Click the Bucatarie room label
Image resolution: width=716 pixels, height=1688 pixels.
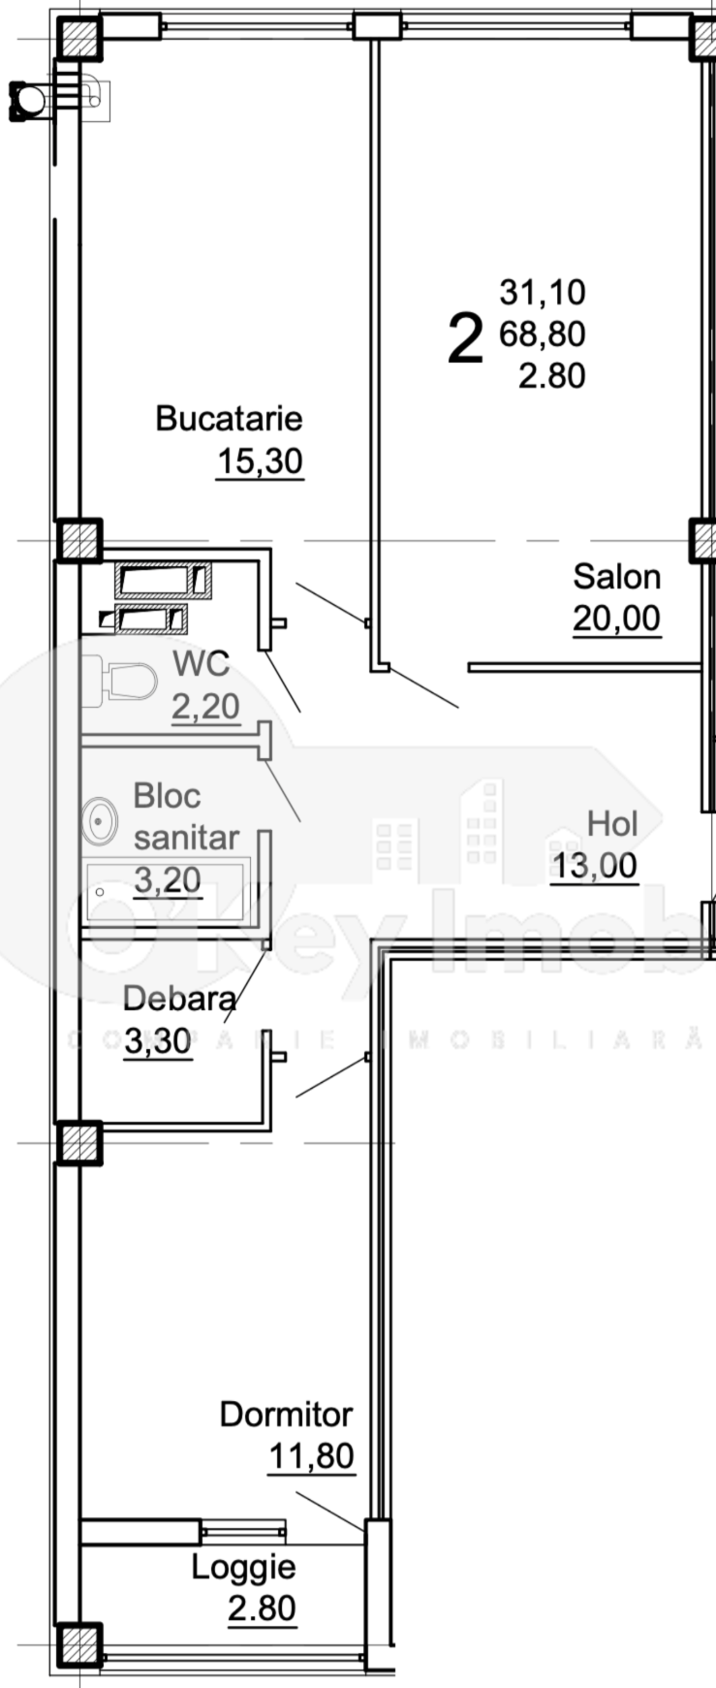(229, 419)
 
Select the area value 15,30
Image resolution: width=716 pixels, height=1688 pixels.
(259, 462)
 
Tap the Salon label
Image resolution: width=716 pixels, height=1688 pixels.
(616, 577)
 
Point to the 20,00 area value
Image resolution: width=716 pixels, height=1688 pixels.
(616, 618)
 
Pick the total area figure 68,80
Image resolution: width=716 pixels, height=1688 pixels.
(542, 334)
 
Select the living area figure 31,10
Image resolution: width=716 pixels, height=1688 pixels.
(542, 292)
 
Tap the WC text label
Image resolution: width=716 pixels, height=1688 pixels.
(201, 664)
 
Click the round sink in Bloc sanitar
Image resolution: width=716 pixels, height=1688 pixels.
(100, 821)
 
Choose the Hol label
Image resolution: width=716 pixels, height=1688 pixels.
(612, 824)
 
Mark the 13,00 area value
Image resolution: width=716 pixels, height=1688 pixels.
(594, 866)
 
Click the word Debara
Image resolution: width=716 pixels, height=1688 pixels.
(179, 999)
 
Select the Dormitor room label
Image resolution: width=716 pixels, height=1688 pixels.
(286, 1415)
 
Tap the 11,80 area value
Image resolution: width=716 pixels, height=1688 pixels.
(310, 1456)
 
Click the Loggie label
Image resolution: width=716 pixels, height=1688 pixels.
(243, 1567)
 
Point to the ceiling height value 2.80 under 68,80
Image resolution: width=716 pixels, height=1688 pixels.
(551, 375)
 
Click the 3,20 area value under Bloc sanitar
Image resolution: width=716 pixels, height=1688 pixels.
(167, 880)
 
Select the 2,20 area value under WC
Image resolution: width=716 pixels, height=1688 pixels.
(205, 707)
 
